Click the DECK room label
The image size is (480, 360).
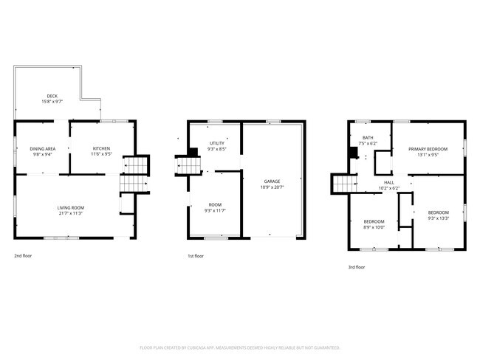[x=52, y=96]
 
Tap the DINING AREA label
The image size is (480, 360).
[x=43, y=148]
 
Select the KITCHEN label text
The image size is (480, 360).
[x=101, y=148]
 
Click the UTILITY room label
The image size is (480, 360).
[x=216, y=143]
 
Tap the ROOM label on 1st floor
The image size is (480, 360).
[x=215, y=204]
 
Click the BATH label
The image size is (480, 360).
[x=367, y=137]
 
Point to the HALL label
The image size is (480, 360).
[x=388, y=182]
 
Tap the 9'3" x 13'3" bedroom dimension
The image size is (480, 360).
[x=438, y=218]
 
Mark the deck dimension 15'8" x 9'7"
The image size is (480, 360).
[x=52, y=102]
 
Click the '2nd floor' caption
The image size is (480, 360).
[x=23, y=256]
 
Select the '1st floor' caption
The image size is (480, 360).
[x=196, y=256]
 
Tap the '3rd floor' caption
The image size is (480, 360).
[x=356, y=267]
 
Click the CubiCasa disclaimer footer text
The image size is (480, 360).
[x=239, y=347]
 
